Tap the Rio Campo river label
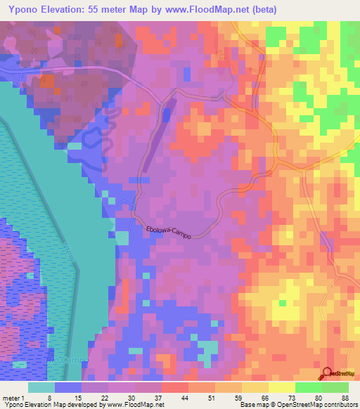coord(69,359)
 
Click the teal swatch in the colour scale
coord(41,387)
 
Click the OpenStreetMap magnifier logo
coord(328,374)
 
